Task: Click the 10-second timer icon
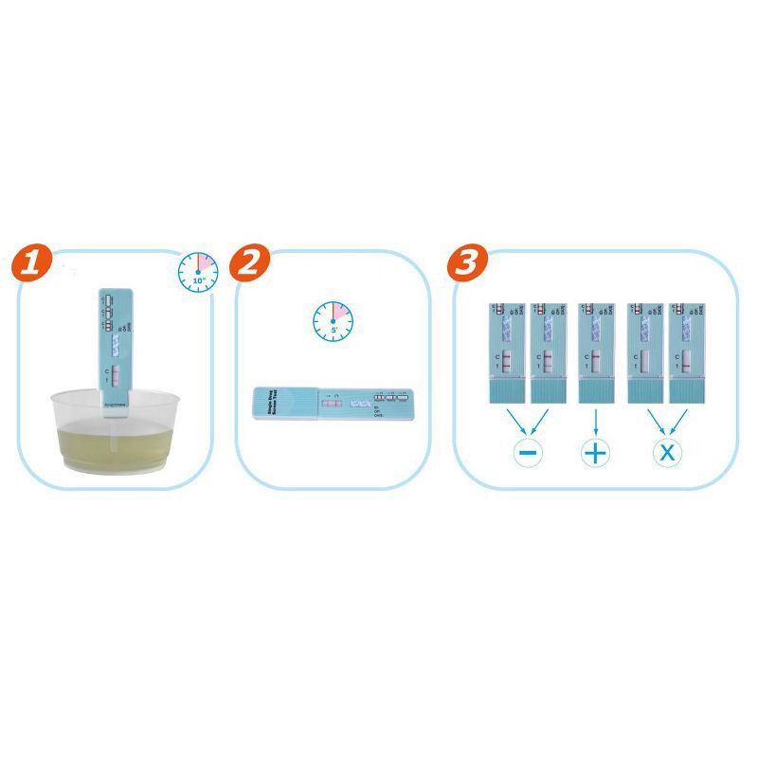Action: [x=198, y=272]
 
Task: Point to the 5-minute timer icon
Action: [x=333, y=322]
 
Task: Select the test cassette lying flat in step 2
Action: [x=334, y=403]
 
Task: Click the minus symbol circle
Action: [x=528, y=452]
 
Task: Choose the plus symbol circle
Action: [x=594, y=452]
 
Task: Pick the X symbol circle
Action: [x=667, y=452]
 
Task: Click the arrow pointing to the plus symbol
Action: [x=594, y=421]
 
